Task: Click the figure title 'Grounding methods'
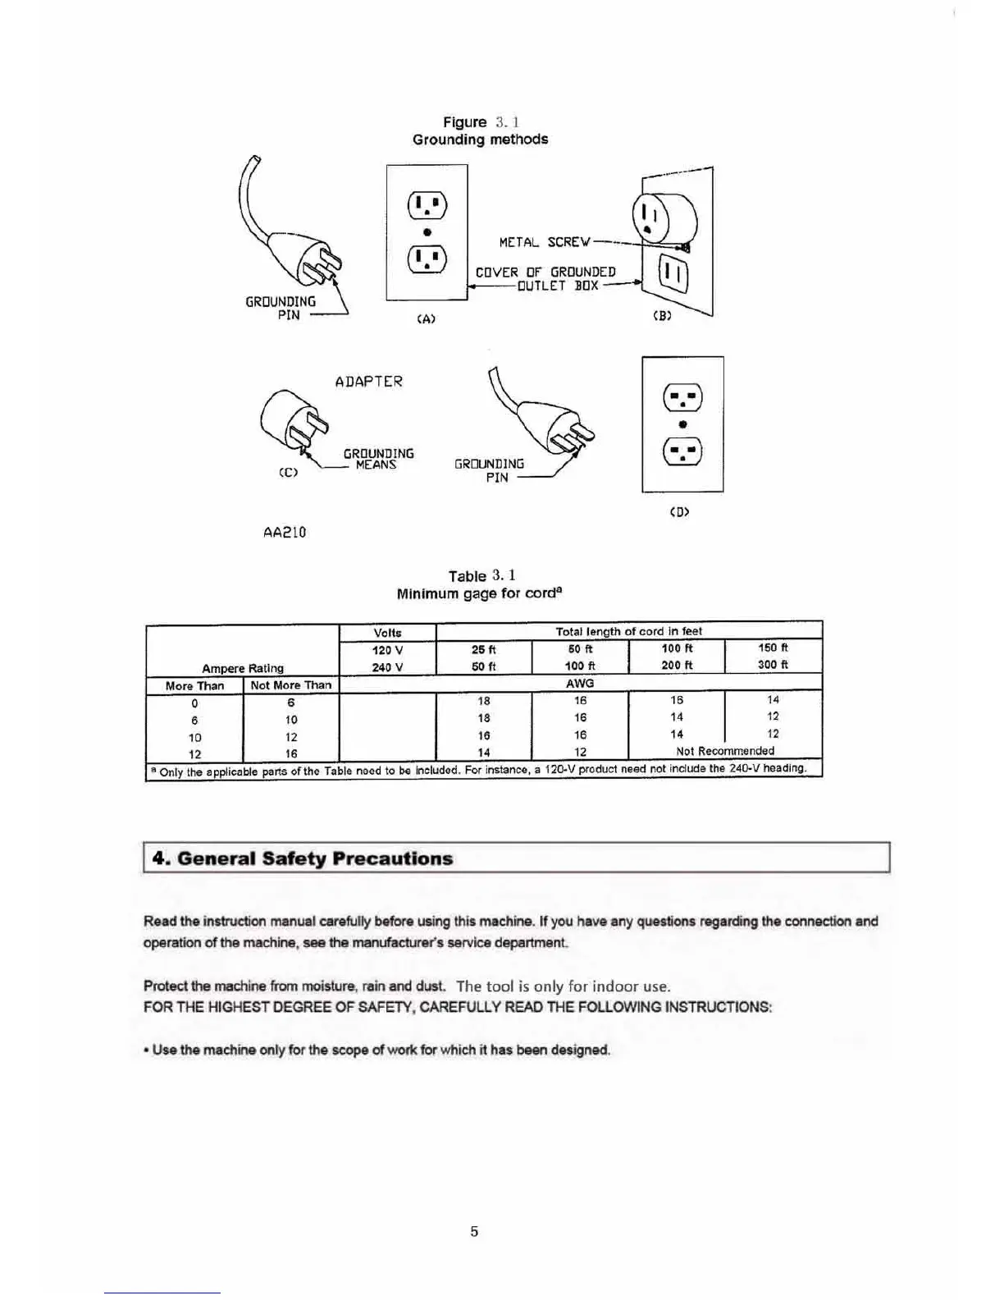(480, 140)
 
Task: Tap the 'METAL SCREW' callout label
(545, 242)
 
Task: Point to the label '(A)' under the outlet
(426, 319)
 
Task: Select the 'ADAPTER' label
(369, 382)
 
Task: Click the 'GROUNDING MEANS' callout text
(378, 459)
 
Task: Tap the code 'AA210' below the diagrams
(285, 532)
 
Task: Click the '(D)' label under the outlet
(680, 512)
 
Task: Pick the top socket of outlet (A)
(427, 204)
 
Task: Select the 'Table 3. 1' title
(481, 575)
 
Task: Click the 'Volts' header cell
(387, 633)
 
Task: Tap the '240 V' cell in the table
(387, 667)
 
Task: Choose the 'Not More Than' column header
(291, 685)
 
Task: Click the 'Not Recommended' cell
(725, 751)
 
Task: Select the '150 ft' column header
(773, 648)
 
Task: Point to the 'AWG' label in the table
(580, 683)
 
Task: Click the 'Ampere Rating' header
(243, 668)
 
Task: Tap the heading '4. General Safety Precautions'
(303, 858)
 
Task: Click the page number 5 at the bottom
(474, 1231)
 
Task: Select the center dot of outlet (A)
(427, 232)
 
